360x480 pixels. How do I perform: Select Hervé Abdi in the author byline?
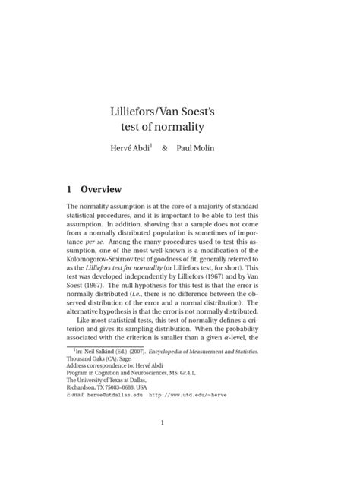pyautogui.click(x=131, y=148)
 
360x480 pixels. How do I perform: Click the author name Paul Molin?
pyautogui.click(x=195, y=148)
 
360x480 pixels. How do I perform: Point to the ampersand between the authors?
pyautogui.click(x=164, y=148)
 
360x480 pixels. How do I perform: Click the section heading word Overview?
pyautogui.click(x=102, y=188)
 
